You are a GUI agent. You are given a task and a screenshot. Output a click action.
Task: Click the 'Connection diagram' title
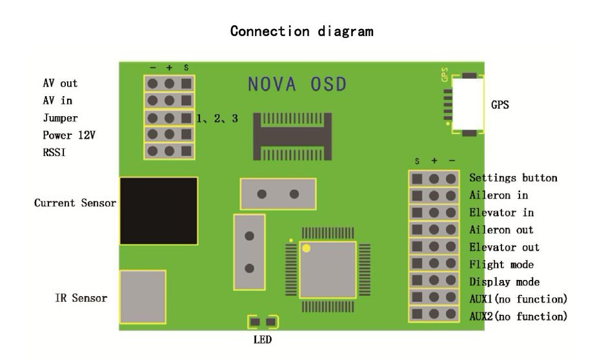(302, 31)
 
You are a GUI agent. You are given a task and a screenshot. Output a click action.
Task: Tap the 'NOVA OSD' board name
(298, 85)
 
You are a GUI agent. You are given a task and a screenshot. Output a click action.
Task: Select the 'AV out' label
(60, 83)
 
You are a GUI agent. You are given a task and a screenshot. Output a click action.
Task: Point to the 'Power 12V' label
(69, 135)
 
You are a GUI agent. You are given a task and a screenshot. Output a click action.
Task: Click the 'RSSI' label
(54, 152)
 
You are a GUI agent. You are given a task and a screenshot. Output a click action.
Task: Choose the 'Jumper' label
(60, 118)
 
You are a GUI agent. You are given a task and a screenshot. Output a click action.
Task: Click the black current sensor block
(159, 211)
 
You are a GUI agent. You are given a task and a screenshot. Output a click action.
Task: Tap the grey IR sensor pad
(143, 297)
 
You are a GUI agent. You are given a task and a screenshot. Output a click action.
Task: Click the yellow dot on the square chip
(306, 248)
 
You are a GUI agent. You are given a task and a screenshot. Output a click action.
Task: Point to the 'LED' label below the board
(263, 340)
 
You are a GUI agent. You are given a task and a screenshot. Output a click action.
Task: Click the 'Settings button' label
(513, 177)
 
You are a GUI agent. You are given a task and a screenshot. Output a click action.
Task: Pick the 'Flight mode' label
(501, 265)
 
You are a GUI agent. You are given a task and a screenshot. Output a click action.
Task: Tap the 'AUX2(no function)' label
(518, 316)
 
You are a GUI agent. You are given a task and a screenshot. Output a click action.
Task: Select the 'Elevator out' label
(504, 247)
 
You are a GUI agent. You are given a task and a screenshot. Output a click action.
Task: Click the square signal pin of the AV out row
(187, 83)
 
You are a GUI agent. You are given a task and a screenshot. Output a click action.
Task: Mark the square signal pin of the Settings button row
(417, 179)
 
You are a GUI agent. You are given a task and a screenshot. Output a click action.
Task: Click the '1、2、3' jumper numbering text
(217, 119)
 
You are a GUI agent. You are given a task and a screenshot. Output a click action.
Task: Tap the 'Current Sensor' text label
(75, 203)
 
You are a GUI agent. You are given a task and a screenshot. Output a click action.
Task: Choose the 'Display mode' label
(505, 282)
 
